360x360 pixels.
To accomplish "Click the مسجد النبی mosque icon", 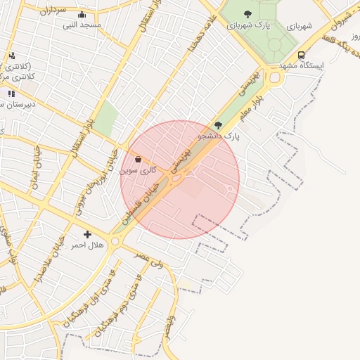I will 82,15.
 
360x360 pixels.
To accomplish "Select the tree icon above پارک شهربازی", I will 247,13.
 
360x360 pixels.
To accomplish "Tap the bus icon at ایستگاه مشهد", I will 301,55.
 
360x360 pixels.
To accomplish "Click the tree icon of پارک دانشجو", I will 218,125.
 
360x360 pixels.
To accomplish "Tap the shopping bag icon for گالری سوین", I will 137,160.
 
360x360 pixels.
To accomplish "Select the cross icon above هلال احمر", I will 87,234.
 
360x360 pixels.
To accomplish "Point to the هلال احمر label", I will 88,245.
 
